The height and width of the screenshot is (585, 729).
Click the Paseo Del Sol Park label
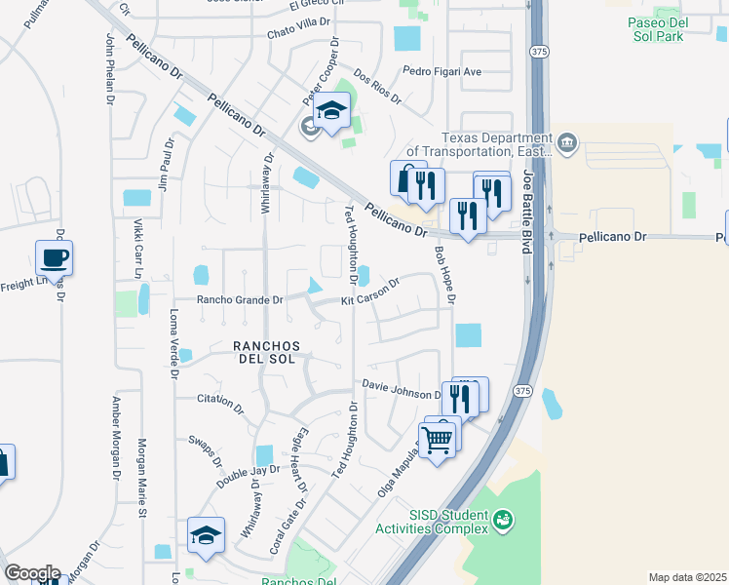(670, 27)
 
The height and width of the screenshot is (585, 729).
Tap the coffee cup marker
(55, 258)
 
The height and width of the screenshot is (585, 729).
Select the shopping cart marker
(438, 440)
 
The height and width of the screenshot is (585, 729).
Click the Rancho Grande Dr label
(240, 300)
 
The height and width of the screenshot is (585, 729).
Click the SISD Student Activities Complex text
(434, 522)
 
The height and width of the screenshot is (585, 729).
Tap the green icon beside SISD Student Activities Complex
(503, 521)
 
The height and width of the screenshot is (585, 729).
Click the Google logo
(31, 573)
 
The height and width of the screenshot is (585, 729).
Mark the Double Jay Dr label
(241, 477)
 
